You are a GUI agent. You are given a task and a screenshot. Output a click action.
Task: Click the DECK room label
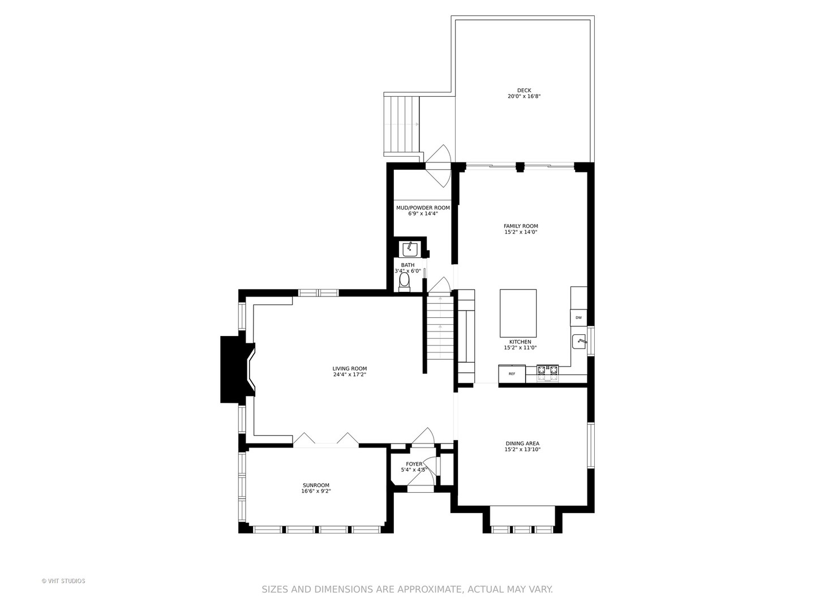[524, 90]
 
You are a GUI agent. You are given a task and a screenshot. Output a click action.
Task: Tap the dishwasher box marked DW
[578, 318]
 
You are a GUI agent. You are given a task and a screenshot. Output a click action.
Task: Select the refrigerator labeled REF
[512, 374]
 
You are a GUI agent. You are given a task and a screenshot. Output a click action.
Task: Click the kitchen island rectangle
[518, 313]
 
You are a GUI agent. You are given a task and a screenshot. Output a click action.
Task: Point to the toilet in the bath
[404, 281]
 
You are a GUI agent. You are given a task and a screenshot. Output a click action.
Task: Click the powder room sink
[410, 249]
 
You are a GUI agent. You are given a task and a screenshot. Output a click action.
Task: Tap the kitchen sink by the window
[579, 342]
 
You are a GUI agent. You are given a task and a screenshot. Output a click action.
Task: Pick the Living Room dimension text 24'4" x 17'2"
[350, 375]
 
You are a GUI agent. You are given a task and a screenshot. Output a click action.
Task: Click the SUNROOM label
[316, 485]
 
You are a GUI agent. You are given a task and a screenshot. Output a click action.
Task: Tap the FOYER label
[414, 464]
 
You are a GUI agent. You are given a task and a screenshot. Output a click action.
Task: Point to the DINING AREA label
[522, 444]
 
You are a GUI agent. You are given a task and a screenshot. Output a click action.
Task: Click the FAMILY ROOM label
[521, 226]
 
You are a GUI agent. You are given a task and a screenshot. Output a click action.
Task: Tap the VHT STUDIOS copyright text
[63, 581]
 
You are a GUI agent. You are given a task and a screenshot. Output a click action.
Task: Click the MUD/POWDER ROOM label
[423, 208]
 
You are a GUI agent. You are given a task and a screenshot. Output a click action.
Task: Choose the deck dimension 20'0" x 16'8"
[524, 97]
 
